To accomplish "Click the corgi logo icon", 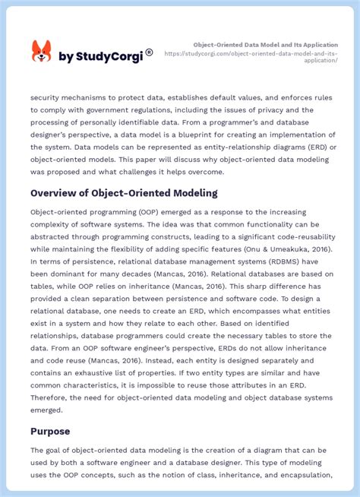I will coord(41,52).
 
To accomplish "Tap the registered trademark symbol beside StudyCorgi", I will coord(149,52).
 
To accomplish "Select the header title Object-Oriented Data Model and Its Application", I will coord(265,45).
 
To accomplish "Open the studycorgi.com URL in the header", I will coord(251,57).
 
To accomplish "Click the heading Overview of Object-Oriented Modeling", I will coord(124,193).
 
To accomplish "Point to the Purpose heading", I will coord(50,431).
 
